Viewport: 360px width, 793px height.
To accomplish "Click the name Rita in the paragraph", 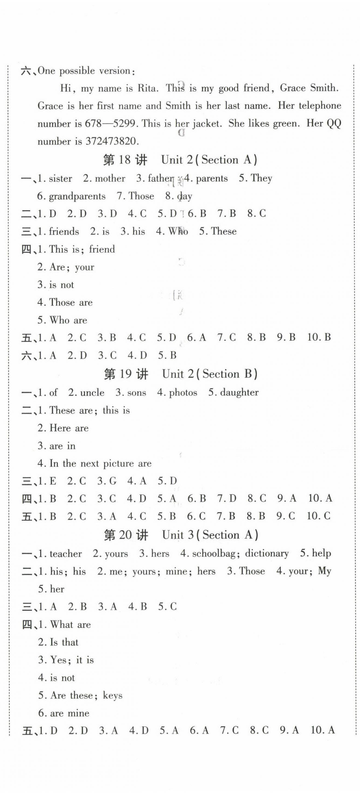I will click(147, 88).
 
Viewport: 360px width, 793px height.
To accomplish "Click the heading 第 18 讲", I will click(125, 160).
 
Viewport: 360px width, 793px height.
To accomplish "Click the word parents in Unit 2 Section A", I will click(211, 179).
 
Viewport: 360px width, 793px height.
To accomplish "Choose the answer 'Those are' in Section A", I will click(71, 303).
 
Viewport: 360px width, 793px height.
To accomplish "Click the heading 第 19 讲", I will click(126, 374).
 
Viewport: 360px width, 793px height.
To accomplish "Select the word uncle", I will click(92, 393).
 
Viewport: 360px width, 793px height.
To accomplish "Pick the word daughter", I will click(239, 393).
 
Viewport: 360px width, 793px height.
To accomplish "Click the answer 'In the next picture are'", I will click(100, 464).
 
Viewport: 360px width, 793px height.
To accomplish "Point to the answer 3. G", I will click(107, 481).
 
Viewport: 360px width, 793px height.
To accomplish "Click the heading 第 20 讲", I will click(126, 535).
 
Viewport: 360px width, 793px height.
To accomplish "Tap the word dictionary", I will click(267, 554).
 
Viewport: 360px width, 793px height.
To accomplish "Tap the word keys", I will click(112, 696).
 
